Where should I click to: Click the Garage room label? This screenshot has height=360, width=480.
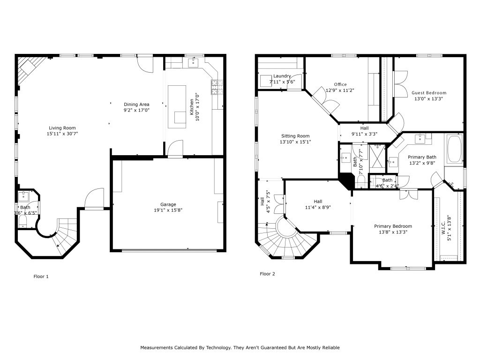168,204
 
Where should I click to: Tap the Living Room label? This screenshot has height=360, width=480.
62,128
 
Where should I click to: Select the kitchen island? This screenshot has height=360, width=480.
177,107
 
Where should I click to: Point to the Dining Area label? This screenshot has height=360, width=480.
136,105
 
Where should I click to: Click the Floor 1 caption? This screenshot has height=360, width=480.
41,277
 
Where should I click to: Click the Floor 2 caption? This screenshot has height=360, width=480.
267,274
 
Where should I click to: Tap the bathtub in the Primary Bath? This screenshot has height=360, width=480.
455,149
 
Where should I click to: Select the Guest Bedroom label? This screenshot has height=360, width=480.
428,93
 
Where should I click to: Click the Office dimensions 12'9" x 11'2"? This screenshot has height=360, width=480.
340,90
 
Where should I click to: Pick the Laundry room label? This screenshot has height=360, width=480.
282,76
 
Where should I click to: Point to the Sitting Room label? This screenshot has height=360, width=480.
295,136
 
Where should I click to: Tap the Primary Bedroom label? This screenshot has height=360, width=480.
393,226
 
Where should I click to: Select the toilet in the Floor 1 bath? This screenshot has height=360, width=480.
23,221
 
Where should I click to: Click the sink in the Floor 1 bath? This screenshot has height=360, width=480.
23,196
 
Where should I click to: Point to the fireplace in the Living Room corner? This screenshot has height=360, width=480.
29,70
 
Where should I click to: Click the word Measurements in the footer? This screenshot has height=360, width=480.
157,347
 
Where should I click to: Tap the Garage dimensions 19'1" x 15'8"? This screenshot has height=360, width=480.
168,210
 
